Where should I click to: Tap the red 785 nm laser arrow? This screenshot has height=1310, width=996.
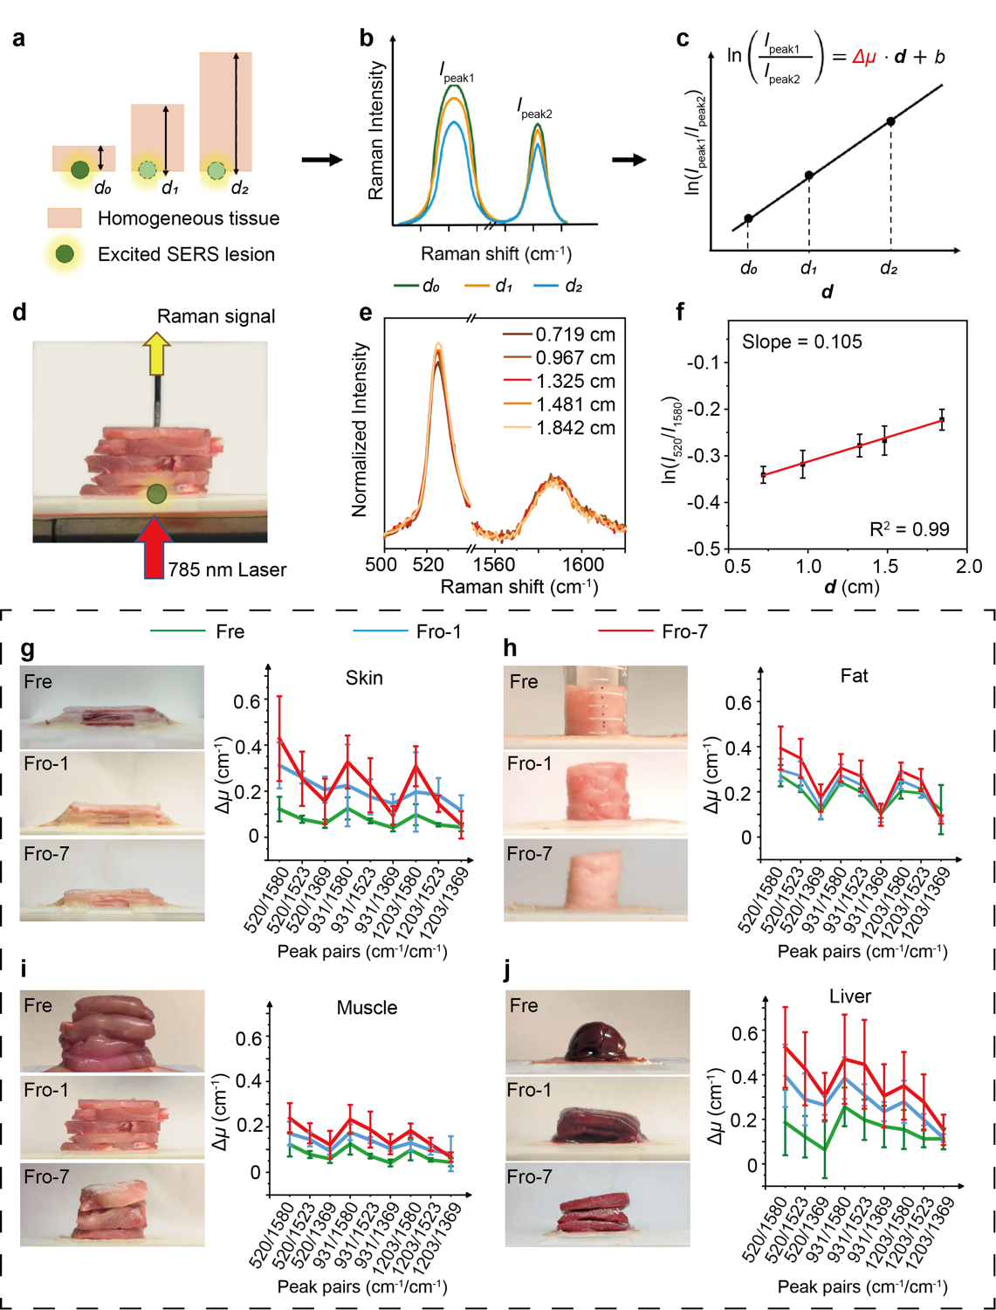155,548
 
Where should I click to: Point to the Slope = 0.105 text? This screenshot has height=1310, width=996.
801,341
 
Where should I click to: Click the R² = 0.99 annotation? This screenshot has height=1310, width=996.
909,529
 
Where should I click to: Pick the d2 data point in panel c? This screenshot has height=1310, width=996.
890,121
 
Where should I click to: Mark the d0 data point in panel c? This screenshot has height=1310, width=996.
748,218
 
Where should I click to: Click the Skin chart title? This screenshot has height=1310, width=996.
364,678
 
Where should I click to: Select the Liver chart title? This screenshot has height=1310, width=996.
850,996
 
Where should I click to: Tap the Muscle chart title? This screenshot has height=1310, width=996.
367,1008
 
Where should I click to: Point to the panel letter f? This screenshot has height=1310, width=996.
681,311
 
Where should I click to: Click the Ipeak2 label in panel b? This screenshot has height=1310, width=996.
534,108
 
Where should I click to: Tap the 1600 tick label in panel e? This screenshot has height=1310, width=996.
583,565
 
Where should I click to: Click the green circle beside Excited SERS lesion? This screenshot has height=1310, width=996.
64,254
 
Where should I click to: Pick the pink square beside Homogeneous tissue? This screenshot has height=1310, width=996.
64,217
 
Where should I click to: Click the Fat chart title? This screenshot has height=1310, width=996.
854,676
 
